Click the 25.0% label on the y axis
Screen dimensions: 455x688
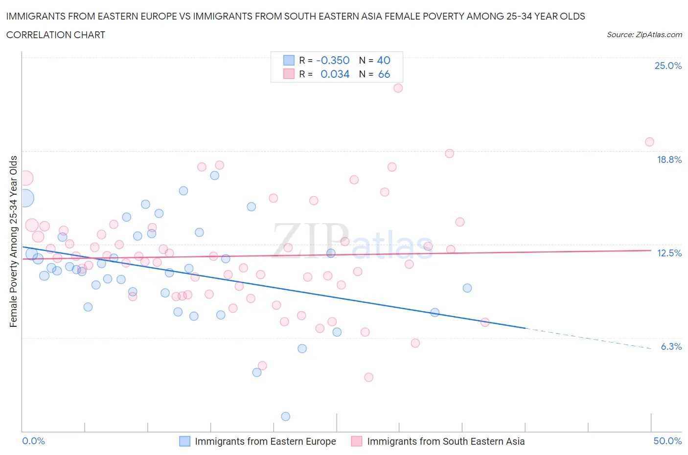tap(668, 66)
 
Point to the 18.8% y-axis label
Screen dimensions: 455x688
tap(669, 159)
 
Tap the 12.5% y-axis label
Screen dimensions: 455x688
tap(669, 253)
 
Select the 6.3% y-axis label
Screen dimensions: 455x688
tap(671, 346)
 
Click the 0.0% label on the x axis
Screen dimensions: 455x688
tap(33, 441)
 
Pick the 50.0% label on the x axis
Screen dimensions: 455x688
tap(667, 441)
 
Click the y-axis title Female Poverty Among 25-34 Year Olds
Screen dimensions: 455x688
tap(13, 241)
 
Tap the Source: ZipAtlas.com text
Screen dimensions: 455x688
tap(644, 34)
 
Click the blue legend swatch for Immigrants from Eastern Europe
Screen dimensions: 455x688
tap(184, 441)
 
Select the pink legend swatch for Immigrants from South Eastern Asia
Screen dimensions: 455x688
tap(357, 441)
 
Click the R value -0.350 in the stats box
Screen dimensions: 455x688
tap(333, 60)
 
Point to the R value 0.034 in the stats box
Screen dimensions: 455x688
tap(335, 74)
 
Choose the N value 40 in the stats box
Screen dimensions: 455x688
tap(384, 60)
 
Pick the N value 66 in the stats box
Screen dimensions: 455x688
tap(384, 74)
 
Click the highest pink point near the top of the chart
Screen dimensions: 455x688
tap(398, 88)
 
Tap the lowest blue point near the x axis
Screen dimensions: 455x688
tap(286, 416)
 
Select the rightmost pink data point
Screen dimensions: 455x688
tap(649, 142)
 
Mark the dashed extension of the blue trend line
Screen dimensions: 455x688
tap(587, 338)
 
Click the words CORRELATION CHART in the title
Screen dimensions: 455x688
tap(56, 35)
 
